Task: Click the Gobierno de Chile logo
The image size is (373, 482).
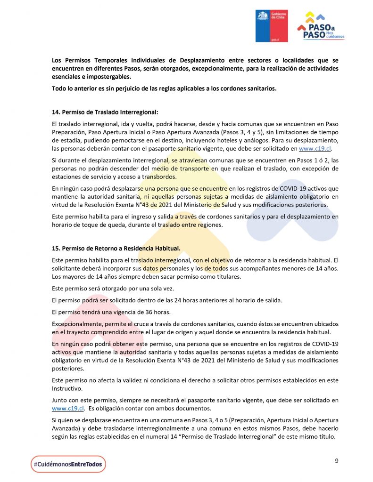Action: [x=271, y=25]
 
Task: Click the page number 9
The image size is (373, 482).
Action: [x=337, y=461]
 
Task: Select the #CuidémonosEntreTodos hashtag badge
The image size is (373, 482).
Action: [x=68, y=464]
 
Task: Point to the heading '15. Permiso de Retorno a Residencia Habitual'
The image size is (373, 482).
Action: [x=116, y=249]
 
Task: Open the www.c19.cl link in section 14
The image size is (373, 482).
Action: [x=318, y=148]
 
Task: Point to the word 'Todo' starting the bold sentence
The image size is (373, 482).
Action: [x=59, y=88]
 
